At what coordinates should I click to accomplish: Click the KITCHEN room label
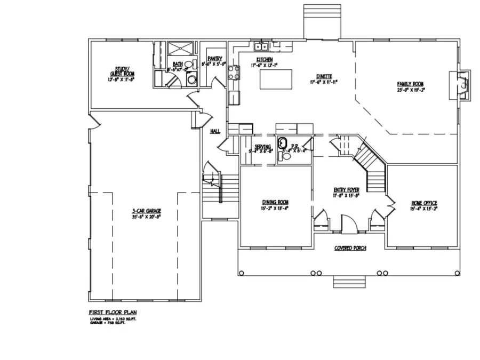[265, 59]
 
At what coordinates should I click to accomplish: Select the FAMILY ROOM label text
[410, 84]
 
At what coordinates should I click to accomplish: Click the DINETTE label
[324, 77]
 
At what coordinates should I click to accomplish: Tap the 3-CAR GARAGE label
[146, 211]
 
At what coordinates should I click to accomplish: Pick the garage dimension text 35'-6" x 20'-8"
[146, 217]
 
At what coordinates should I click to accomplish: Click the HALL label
[215, 131]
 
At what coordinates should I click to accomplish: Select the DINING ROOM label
[275, 202]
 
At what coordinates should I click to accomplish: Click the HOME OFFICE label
[424, 203]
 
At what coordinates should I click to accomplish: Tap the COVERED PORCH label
[349, 249]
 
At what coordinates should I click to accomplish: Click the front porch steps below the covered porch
[349, 281]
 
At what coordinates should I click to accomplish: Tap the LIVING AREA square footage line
[112, 318]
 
